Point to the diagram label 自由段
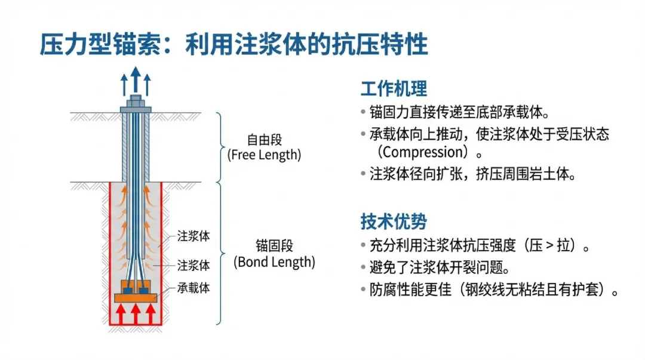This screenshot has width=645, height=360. (265, 141)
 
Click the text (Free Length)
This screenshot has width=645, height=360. (265, 155)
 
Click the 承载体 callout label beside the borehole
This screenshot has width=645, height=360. (193, 288)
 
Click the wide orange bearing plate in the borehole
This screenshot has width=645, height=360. (136, 297)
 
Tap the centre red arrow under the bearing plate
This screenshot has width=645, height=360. (136, 314)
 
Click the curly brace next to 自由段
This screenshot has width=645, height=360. (220, 146)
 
